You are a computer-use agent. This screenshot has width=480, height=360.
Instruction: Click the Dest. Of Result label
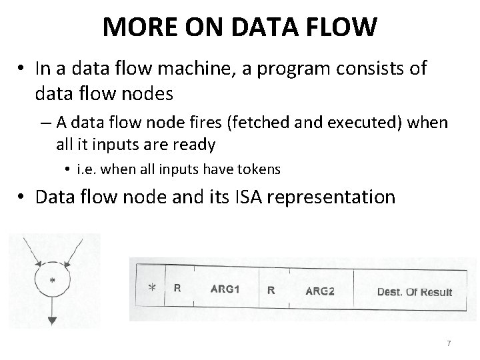click(414, 291)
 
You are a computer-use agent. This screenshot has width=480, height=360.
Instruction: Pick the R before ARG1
click(177, 289)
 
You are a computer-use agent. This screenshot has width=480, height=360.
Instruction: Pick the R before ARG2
click(271, 290)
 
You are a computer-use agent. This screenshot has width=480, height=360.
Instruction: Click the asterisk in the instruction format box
click(152, 289)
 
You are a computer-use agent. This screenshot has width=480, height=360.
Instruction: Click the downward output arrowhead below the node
click(52, 321)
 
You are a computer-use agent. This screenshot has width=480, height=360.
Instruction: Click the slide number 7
click(448, 343)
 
